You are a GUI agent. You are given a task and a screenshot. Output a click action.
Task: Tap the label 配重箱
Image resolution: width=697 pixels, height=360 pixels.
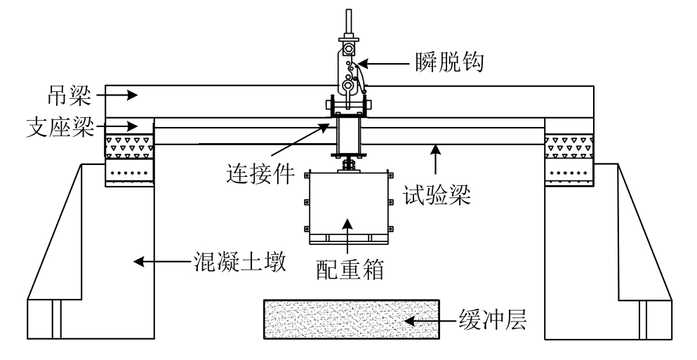click(x=348, y=269)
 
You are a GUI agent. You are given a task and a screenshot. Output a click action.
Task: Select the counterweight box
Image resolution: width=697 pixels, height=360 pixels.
click(x=348, y=206)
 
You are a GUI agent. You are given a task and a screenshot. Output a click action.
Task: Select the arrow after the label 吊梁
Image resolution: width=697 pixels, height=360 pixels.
click(x=115, y=93)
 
